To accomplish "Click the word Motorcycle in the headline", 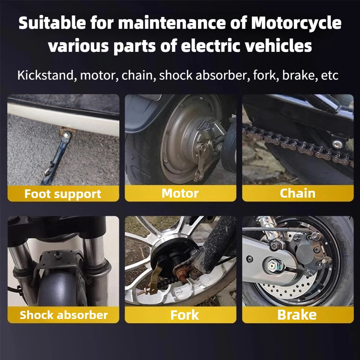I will pos(296,23).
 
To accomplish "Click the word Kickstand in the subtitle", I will pos(46,76).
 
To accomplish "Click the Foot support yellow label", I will pos(63,194).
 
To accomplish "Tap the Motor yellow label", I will pos(180,193).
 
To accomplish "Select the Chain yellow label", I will pos(297,193).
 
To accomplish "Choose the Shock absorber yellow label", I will pos(64,315).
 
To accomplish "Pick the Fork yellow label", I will pos(184,315).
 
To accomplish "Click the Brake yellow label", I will pos(297,315).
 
